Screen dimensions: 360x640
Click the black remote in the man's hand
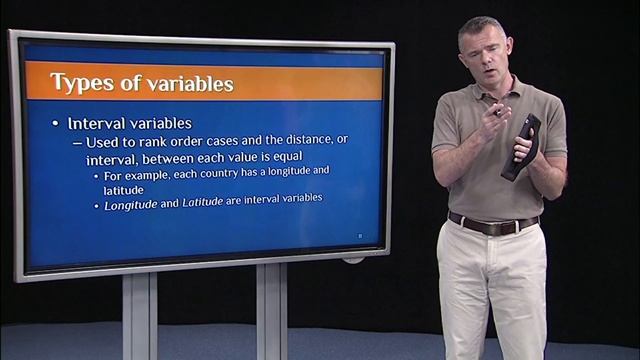click(521, 149)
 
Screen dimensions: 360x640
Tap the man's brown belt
click(493, 222)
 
